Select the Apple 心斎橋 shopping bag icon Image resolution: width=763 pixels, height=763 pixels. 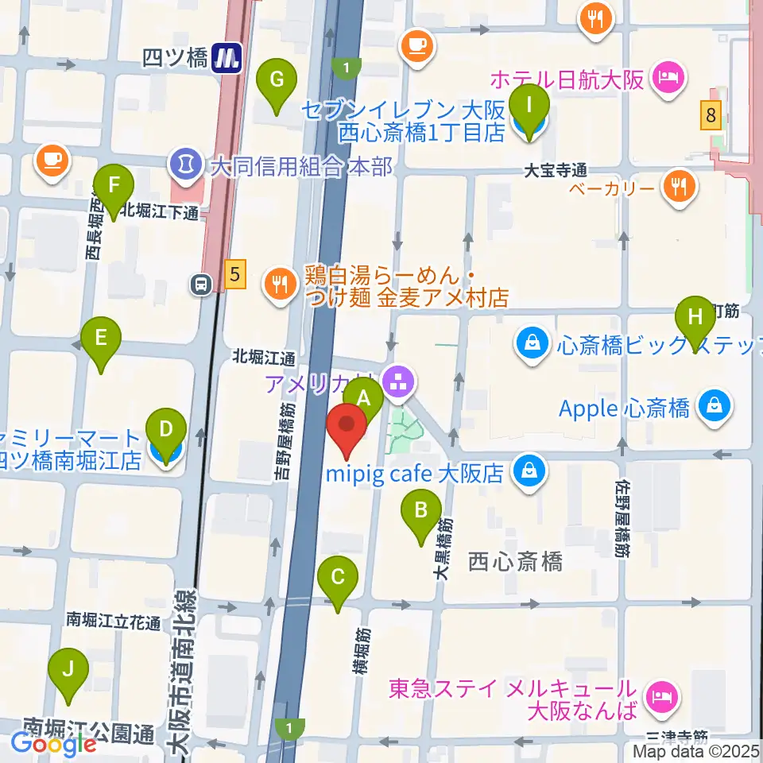715,407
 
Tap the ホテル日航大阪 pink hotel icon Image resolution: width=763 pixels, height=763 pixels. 664,78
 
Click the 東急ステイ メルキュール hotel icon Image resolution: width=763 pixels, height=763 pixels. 661,698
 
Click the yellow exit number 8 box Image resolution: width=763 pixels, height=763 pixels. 711,116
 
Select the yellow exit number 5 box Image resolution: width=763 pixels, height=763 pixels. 233,276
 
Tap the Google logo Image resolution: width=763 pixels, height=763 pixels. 52,743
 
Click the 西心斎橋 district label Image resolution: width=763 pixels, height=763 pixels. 515,561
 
